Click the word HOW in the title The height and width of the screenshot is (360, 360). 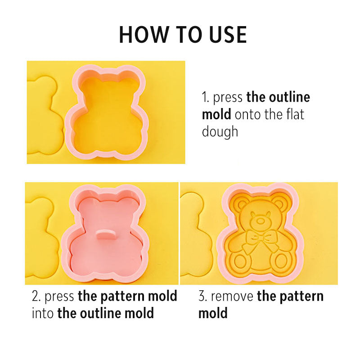pos(144,35)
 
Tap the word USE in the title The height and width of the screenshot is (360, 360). pos(228,35)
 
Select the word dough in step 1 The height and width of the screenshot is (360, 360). pos(220,131)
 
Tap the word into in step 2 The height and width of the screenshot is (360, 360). pos(42,313)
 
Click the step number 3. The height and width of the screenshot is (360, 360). pos(203,296)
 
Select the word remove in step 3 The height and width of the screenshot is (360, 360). pos(232,297)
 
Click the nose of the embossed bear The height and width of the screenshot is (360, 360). pos(260,221)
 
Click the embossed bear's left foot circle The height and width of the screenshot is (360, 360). pos(240,262)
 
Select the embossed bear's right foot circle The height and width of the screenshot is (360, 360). pos(281,261)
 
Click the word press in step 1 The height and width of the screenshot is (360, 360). pos(228,98)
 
